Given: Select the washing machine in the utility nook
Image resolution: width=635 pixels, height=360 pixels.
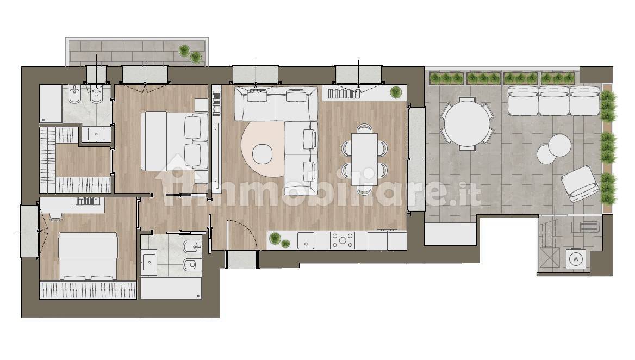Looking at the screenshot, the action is point(575,258).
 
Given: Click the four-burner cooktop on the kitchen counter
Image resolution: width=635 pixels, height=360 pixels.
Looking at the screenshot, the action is point(342,240).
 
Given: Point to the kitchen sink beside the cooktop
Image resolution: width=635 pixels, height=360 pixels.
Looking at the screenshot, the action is point(306,240).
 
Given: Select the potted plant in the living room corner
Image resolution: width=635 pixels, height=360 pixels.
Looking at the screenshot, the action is point(396,92).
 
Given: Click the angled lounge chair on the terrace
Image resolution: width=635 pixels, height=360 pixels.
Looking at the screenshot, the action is point(580,184).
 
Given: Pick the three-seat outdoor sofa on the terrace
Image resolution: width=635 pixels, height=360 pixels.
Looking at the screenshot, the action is point(553,101).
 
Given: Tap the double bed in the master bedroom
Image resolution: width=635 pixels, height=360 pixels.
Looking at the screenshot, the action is point(175,141).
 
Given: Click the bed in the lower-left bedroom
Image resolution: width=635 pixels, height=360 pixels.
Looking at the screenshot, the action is point(88,256).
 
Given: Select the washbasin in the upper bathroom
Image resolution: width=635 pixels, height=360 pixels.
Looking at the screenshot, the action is point(96,134).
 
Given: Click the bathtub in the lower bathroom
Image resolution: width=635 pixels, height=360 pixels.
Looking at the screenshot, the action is point(171,288).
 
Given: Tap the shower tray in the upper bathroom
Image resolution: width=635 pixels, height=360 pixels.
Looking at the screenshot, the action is point(51,103).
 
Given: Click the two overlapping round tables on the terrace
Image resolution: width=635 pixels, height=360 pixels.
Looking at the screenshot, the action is point(554,148).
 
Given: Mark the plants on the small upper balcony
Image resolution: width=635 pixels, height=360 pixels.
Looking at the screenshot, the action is point(190,53).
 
